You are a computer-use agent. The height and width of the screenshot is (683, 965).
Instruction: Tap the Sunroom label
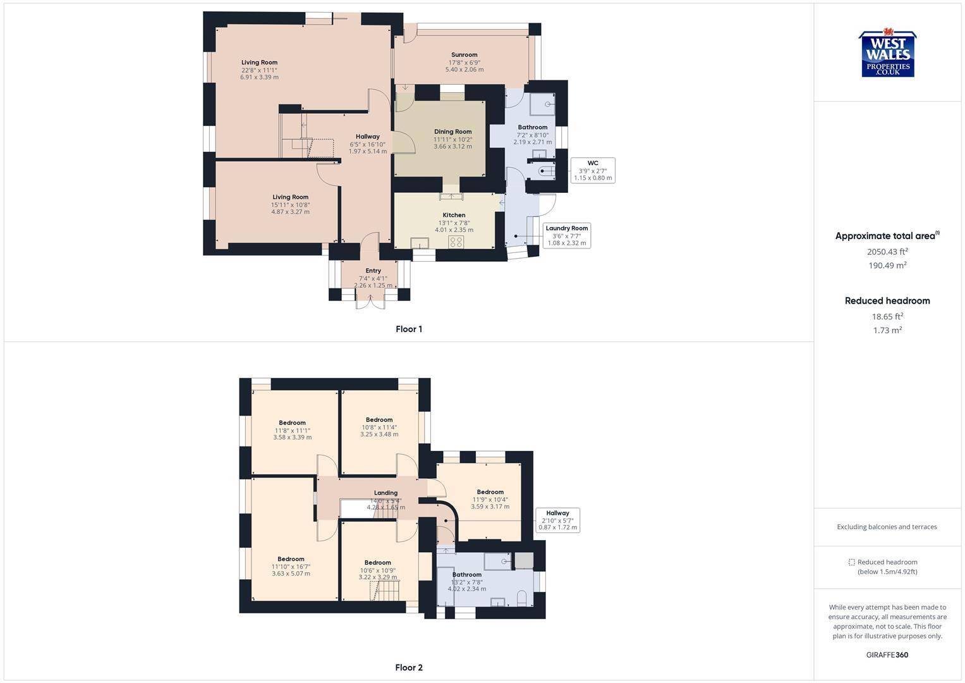click(464, 55)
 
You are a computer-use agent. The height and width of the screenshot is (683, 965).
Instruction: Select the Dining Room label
click(452, 132)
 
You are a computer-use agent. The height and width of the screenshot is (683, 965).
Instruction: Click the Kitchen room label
click(454, 215)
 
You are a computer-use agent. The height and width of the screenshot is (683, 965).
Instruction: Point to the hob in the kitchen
click(456, 242)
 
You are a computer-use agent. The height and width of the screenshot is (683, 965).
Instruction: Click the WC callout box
click(592, 170)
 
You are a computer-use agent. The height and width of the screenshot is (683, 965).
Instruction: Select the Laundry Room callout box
click(566, 235)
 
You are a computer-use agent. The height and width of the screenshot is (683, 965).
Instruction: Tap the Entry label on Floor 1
click(373, 271)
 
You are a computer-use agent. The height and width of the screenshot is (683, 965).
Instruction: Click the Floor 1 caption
click(408, 329)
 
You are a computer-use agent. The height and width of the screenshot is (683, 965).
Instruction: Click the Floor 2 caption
click(408, 667)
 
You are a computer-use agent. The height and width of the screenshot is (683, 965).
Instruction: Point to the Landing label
click(385, 493)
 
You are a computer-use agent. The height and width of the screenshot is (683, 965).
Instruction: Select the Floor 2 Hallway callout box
click(557, 520)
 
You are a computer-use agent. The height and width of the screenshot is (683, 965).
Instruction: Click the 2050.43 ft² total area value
click(887, 251)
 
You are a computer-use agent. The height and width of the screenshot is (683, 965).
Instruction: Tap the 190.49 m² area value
click(887, 266)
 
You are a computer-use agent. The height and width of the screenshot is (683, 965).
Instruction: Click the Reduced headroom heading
click(887, 300)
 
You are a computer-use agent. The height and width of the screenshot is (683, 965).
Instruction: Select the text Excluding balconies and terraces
click(887, 527)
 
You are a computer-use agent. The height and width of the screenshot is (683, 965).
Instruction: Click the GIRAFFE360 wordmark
click(887, 655)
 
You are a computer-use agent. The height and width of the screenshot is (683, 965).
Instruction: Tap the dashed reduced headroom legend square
click(851, 562)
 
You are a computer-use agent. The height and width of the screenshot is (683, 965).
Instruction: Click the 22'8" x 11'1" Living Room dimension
click(259, 70)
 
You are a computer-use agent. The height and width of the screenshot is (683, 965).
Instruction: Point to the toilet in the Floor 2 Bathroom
click(522, 598)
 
